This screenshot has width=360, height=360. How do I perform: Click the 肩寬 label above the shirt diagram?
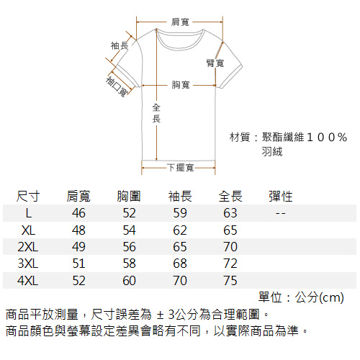[180, 22]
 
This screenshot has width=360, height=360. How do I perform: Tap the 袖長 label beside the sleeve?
[120, 45]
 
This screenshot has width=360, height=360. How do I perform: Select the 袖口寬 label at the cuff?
[117, 86]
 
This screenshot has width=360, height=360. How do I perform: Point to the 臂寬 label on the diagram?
[215, 63]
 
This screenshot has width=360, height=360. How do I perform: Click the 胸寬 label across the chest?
[181, 85]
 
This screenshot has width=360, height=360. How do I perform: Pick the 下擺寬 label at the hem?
[181, 168]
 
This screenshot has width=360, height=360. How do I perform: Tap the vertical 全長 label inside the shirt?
[156, 113]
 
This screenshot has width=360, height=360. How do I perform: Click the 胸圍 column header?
[129, 197]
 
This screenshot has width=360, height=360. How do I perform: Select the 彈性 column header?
[281, 197]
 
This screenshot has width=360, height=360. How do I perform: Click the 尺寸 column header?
[28, 197]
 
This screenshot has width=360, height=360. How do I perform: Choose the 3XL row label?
[28, 264]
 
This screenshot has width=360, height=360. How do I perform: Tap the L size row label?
[29, 213]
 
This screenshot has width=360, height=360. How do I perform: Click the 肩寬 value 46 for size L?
[78, 213]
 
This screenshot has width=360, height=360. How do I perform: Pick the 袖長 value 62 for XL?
[180, 230]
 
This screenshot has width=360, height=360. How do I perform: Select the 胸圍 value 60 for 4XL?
[130, 281]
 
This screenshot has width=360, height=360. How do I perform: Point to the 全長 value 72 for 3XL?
[230, 264]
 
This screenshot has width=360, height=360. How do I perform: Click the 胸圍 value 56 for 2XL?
[130, 247]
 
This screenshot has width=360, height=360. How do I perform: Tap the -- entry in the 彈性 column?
[280, 213]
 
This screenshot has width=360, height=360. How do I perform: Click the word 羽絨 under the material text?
[272, 151]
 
